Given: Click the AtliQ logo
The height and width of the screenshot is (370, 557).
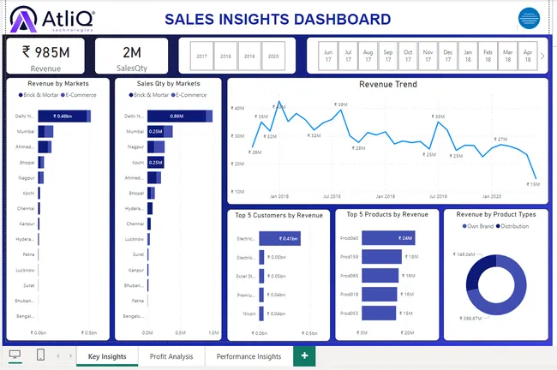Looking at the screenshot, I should [x=54, y=19].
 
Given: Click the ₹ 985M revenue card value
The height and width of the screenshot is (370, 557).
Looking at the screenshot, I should [x=46, y=51].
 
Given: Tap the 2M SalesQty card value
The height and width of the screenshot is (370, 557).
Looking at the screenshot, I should [x=131, y=51].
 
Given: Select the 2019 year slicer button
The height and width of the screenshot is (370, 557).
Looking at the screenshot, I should [x=249, y=56].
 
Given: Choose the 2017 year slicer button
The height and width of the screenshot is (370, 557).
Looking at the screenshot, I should [x=202, y=56].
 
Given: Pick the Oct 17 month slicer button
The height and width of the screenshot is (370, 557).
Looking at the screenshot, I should [x=408, y=56].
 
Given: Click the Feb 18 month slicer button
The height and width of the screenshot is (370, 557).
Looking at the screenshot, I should [x=488, y=56].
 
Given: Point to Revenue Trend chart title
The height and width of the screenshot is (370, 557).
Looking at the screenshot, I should [x=388, y=85].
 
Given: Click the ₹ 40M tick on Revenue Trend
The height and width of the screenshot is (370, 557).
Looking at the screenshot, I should [x=237, y=109].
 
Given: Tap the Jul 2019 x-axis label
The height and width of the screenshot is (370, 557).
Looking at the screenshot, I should [x=438, y=196].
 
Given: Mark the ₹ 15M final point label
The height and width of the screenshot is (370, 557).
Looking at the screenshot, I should [x=534, y=184].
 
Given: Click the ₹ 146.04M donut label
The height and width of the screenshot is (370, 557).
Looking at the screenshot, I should [x=463, y=254].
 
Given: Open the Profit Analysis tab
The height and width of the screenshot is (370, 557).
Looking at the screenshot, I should [x=171, y=356].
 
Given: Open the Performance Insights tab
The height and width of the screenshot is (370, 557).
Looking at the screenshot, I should [x=249, y=356].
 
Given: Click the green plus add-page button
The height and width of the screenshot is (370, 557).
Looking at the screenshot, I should [x=303, y=355].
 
